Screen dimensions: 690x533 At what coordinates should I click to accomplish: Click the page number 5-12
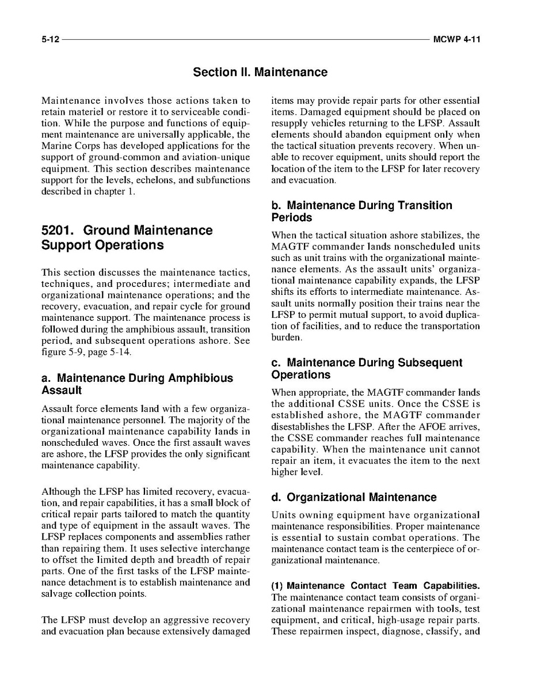click(50, 40)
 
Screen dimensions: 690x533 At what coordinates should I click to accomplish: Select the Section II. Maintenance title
click(260, 73)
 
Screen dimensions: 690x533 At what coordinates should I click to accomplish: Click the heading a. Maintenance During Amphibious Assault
click(138, 384)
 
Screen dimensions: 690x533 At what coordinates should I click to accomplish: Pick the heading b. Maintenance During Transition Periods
click(361, 211)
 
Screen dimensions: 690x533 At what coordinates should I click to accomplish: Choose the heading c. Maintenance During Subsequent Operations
click(366, 369)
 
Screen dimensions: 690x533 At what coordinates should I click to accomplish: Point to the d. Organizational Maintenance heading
click(354, 497)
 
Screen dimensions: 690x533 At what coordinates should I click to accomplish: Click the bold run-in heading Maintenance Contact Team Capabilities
click(383, 586)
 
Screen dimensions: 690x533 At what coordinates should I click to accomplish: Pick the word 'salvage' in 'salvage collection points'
click(57, 594)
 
